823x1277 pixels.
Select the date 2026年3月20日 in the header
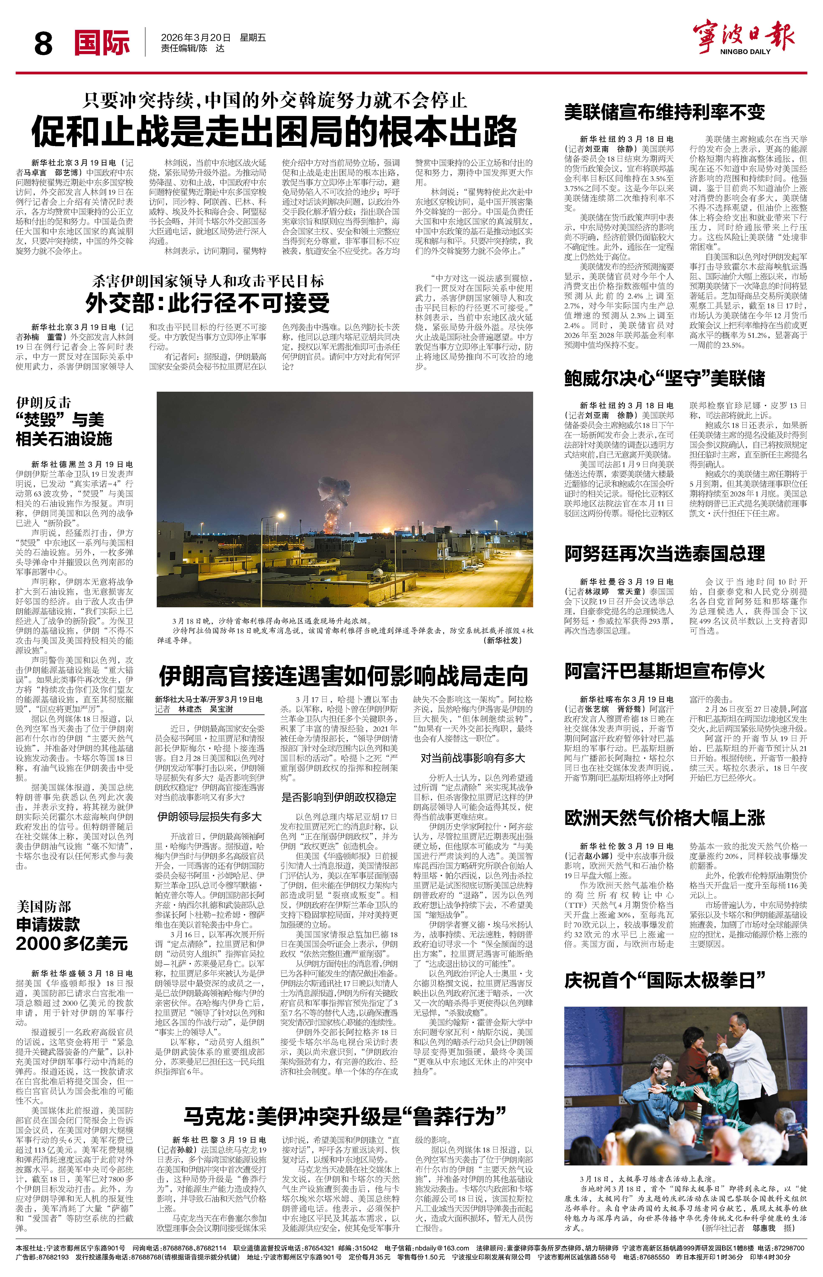pyautogui.click(x=196, y=38)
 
